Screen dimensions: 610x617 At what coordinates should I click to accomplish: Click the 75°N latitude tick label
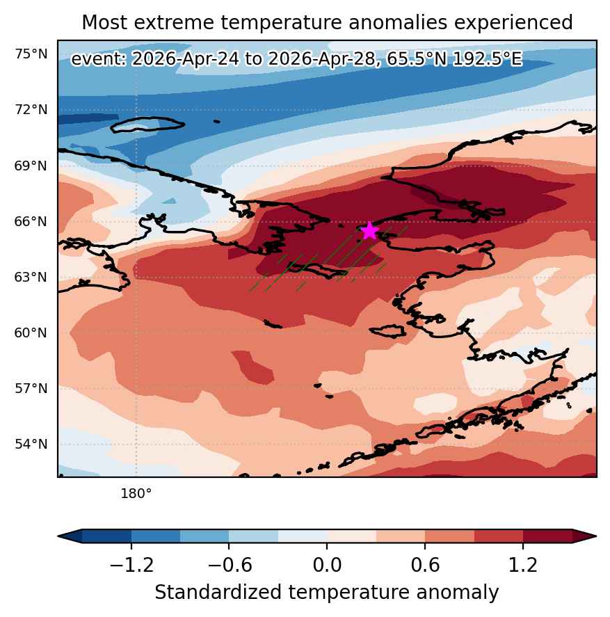coord(31,54)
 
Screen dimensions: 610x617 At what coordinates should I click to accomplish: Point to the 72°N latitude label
coord(31,109)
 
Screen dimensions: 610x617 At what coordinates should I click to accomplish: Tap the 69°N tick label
coord(31,166)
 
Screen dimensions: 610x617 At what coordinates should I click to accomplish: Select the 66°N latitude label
coord(31,221)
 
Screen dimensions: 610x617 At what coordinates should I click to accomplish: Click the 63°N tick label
coord(31,278)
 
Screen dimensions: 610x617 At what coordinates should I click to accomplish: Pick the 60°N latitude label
coord(31,333)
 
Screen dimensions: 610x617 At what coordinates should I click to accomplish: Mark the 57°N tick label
coord(31,388)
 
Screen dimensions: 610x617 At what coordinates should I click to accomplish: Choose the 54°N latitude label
coord(31,444)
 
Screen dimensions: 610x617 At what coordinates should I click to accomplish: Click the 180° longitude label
coord(136,493)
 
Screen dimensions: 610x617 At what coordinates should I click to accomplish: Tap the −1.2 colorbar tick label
coord(131,565)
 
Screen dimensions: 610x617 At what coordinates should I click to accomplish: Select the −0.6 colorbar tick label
coord(230,565)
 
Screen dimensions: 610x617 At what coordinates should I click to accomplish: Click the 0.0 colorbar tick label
coord(327,565)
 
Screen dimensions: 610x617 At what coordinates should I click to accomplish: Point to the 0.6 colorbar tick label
coord(425,565)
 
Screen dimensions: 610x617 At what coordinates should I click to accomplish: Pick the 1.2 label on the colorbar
coord(522,565)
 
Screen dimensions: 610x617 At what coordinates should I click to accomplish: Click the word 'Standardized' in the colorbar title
coord(218,592)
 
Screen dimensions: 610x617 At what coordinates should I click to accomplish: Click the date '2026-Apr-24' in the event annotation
coord(185,59)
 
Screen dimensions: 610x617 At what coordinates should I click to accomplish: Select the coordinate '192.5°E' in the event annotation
coord(488,59)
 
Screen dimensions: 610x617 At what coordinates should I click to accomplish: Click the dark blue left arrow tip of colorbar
coord(59,536)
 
